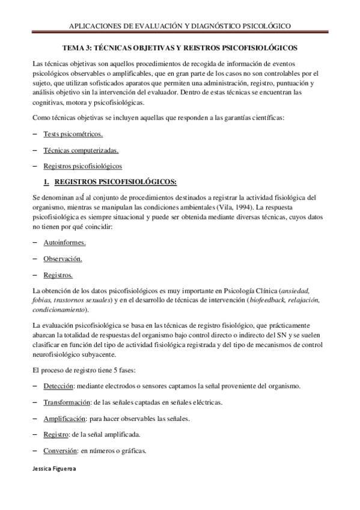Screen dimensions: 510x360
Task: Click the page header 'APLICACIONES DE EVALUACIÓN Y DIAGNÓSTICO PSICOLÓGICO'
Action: (180, 26)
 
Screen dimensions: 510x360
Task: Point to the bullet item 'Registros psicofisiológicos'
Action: (82, 165)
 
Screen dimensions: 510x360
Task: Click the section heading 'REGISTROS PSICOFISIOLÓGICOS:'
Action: (115, 180)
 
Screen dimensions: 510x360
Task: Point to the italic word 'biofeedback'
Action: (268, 300)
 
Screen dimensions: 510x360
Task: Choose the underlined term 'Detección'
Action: (58, 386)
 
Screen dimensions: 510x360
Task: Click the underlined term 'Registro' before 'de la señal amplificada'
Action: (56, 434)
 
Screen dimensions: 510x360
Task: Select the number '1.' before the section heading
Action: (46, 180)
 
